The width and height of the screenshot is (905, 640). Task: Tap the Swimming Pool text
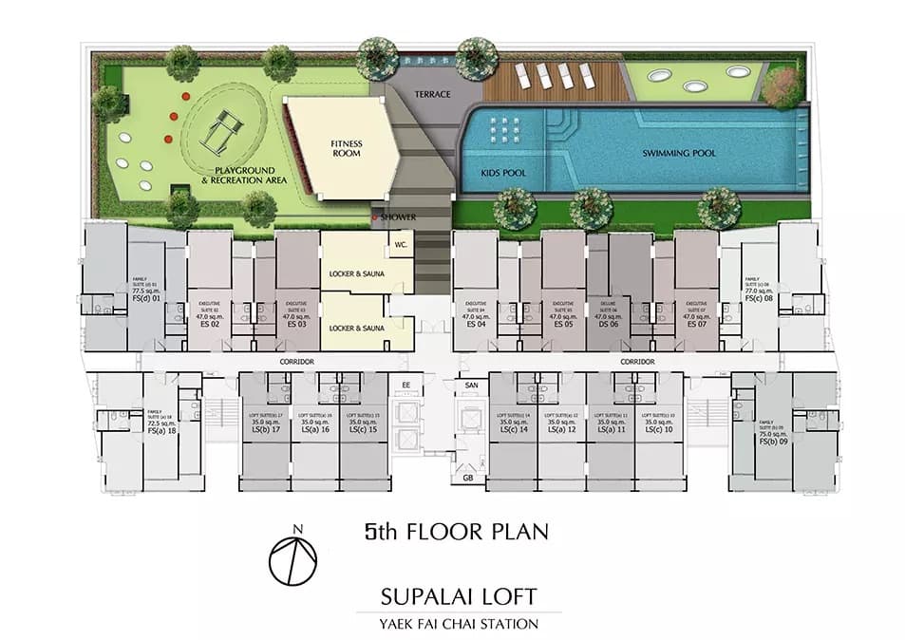pos(678,153)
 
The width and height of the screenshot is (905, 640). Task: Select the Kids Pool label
pos(503,173)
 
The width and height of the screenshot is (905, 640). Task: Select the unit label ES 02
pos(210,324)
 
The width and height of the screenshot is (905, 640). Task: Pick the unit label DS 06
pos(608,324)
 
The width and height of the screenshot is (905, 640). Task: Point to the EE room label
pos(406,385)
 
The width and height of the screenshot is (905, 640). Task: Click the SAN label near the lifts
pos(470,385)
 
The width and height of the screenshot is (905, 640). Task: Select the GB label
pos(468,479)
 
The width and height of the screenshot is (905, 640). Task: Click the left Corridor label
pos(297,363)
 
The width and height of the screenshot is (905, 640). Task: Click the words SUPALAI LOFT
pos(458,597)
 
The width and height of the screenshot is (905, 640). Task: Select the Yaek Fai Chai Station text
pos(458,624)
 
